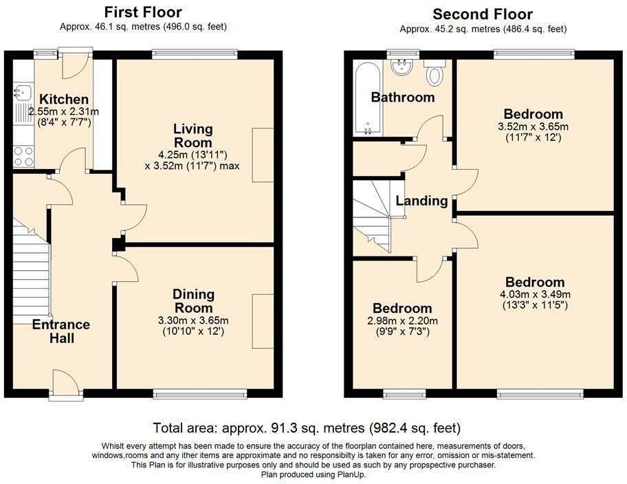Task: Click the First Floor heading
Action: pos(143,12)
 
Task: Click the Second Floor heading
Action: pos(483,14)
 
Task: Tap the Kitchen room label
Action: pos(63,100)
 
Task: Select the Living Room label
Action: pos(192,135)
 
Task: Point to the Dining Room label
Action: pos(193,301)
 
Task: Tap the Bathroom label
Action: pos(403,97)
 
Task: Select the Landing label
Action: pos(422,201)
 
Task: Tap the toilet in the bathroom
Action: pos(434,72)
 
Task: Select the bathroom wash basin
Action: pos(399,67)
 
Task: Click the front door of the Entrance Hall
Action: pos(66,381)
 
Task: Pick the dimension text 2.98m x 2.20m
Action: pos(402,321)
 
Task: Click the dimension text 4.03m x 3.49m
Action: pos(535,294)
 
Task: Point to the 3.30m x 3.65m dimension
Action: pos(193,320)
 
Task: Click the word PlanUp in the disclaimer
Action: pos(351,474)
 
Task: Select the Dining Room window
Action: pos(199,394)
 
